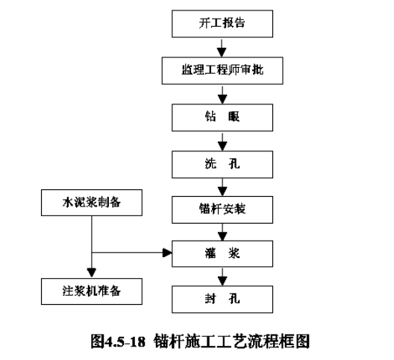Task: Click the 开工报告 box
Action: coord(222,24)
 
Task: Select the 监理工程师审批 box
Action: coord(222,71)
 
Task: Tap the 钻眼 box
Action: coord(222,118)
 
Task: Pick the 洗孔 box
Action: coord(222,165)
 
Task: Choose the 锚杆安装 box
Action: coord(222,209)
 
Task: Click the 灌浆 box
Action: coord(222,253)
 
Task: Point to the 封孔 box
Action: coord(222,299)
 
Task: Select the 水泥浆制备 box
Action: coord(92,203)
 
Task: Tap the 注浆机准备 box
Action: coord(92,291)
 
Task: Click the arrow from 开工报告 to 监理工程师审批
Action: coord(222,48)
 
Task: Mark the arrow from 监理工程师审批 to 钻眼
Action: coord(222,95)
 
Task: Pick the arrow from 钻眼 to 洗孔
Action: coord(222,142)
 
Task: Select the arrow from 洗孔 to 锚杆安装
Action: coord(222,187)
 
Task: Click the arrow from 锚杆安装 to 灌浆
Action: coord(222,232)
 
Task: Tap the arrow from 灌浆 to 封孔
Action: coord(222,277)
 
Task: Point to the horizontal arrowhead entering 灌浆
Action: coord(167,253)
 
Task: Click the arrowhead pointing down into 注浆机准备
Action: coord(92,273)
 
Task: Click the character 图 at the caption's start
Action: coord(98,341)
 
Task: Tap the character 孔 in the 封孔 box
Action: coord(234,299)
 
